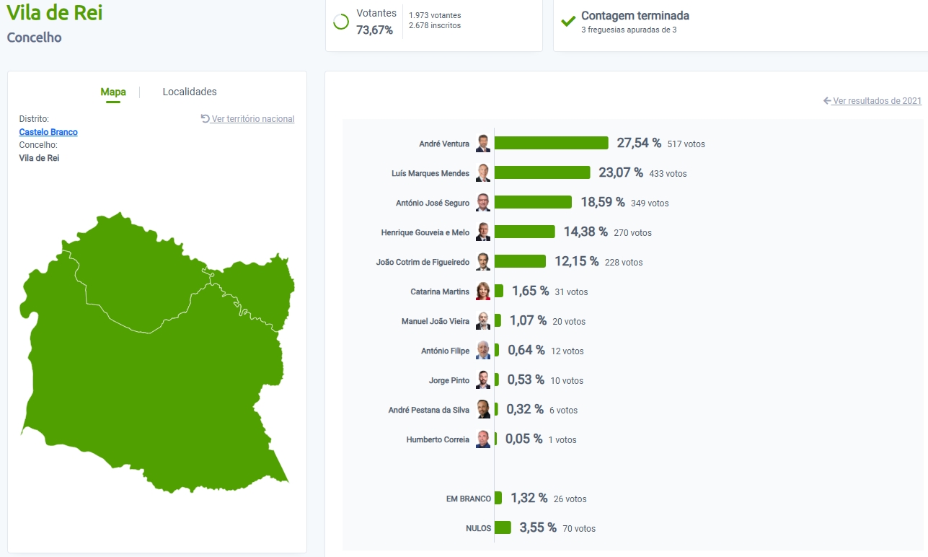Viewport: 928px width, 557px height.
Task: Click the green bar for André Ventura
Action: coord(551,143)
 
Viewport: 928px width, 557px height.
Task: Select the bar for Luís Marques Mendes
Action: coord(542,172)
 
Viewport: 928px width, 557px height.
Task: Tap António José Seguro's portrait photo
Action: coord(483,203)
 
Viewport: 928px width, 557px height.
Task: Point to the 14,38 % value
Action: coord(585,232)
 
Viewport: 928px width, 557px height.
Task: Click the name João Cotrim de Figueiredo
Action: coord(423,262)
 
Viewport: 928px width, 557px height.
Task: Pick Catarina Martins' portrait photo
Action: coord(483,291)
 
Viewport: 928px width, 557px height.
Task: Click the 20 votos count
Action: coord(569,322)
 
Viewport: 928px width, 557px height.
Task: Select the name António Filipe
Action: coord(445,351)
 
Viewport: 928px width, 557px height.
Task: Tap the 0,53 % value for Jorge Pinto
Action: coord(526,380)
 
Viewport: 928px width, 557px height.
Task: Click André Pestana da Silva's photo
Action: coord(483,410)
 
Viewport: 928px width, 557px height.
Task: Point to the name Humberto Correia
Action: coord(438,439)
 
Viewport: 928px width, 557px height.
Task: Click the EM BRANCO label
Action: coord(469,499)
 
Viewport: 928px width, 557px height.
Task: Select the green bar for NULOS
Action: coord(503,527)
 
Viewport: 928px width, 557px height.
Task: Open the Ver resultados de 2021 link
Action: coord(876,101)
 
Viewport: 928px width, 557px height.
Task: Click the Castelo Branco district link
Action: coord(48,132)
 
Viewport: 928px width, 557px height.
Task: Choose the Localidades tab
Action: coord(190,92)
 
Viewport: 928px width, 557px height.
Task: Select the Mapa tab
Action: coord(113,92)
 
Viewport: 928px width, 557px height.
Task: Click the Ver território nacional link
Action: coord(252,119)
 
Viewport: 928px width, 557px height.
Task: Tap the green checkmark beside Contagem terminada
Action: coord(568,21)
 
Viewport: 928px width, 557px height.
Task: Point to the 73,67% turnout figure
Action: coord(375,30)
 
